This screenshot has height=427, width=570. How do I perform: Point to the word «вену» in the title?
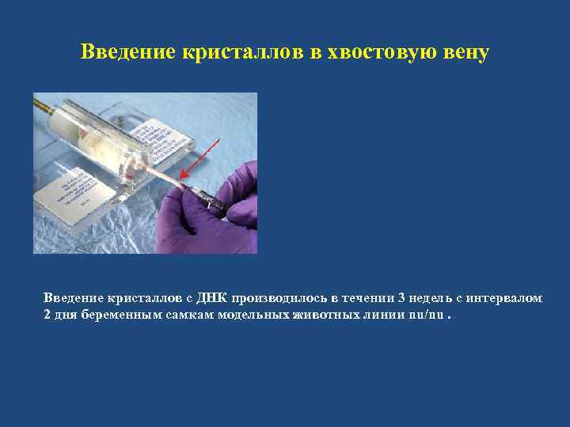click(x=465, y=53)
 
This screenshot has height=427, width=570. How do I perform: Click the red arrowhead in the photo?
click(x=184, y=175)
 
